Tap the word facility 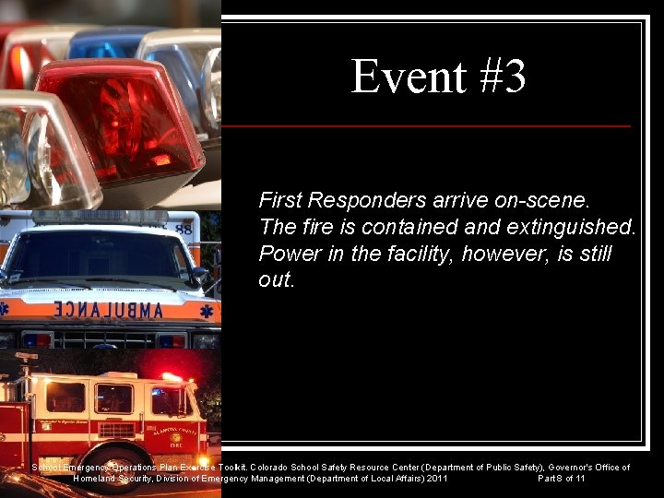419,254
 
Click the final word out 276,280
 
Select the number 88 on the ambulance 184,228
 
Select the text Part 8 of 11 561,479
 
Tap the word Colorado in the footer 271,468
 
